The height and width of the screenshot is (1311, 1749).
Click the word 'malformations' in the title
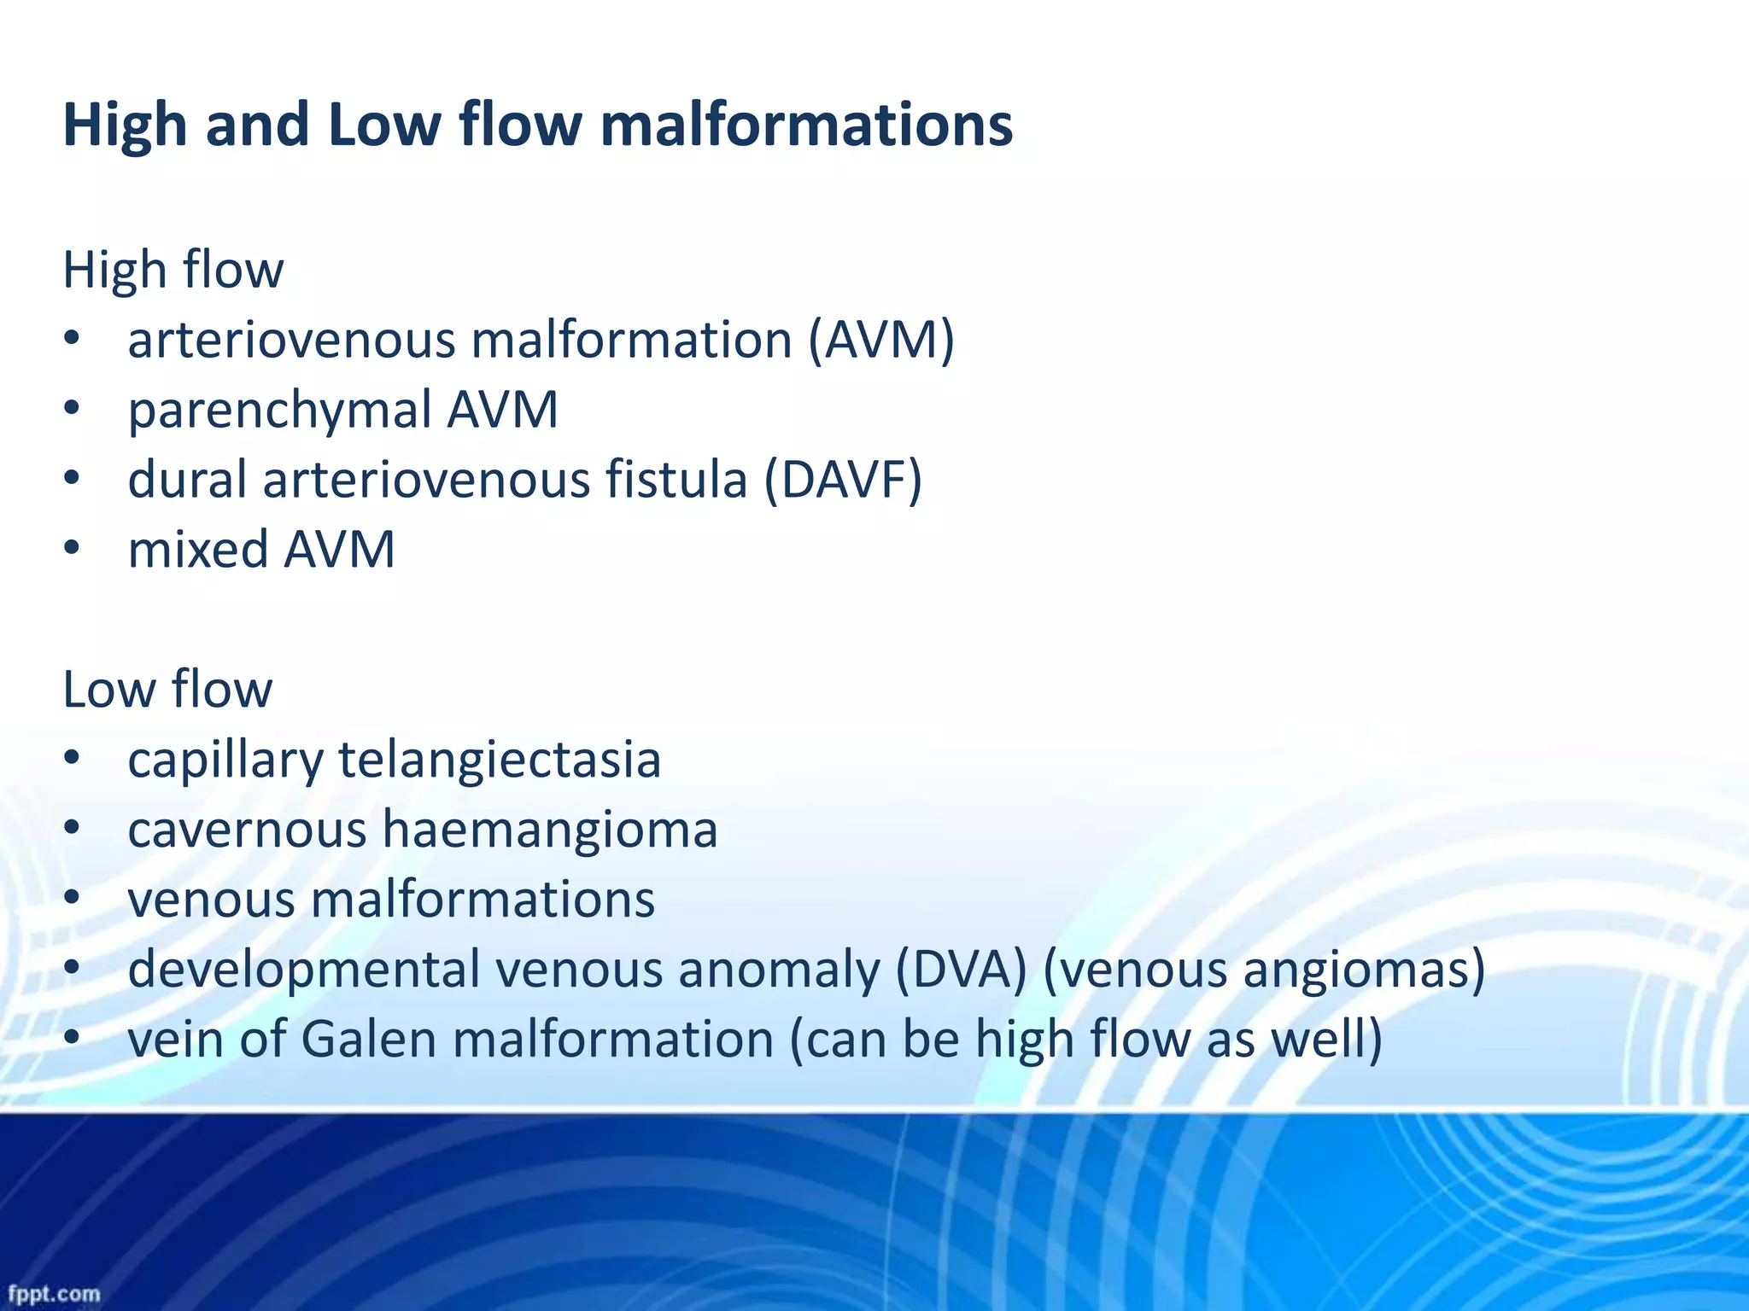pyautogui.click(x=806, y=125)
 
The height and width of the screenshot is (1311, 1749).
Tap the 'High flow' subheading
pyautogui.click(x=173, y=270)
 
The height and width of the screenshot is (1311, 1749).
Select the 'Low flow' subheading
pyautogui.click(x=167, y=690)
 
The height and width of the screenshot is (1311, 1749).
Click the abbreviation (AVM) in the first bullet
pyautogui.click(x=881, y=341)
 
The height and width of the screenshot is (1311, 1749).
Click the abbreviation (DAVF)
pyautogui.click(x=842, y=481)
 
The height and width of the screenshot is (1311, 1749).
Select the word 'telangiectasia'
pyautogui.click(x=500, y=760)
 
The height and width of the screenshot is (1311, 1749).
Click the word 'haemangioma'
pyautogui.click(x=550, y=830)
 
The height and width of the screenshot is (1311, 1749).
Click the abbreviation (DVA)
pyautogui.click(x=961, y=970)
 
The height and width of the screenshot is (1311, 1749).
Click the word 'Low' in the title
pyautogui.click(x=383, y=125)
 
